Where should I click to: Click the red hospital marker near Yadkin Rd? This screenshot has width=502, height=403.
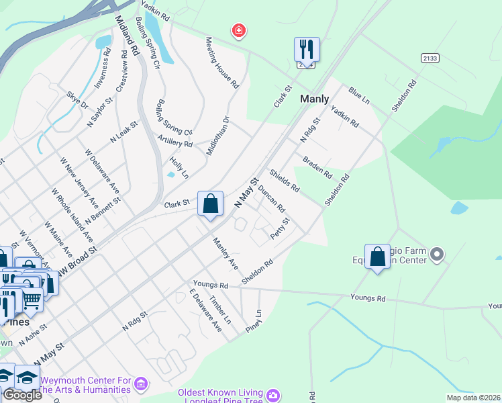click(x=238, y=31)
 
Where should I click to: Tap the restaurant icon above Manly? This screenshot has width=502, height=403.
click(x=307, y=50)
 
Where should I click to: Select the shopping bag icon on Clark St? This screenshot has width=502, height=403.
click(x=210, y=203)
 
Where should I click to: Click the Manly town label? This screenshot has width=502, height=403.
click(x=314, y=99)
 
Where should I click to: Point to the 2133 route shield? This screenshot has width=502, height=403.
click(x=430, y=58)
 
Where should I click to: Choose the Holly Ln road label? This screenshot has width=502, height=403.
click(x=179, y=166)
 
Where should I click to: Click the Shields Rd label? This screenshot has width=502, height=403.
click(x=284, y=180)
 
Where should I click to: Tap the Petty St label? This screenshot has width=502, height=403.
click(x=280, y=228)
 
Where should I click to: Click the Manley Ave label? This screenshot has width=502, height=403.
click(x=225, y=253)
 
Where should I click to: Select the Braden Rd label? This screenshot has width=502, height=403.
click(x=317, y=167)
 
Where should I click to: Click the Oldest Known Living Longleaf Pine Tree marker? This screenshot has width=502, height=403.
click(x=273, y=394)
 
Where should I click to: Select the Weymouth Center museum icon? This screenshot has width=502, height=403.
click(x=141, y=384)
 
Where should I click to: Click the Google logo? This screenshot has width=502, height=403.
click(x=22, y=395)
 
